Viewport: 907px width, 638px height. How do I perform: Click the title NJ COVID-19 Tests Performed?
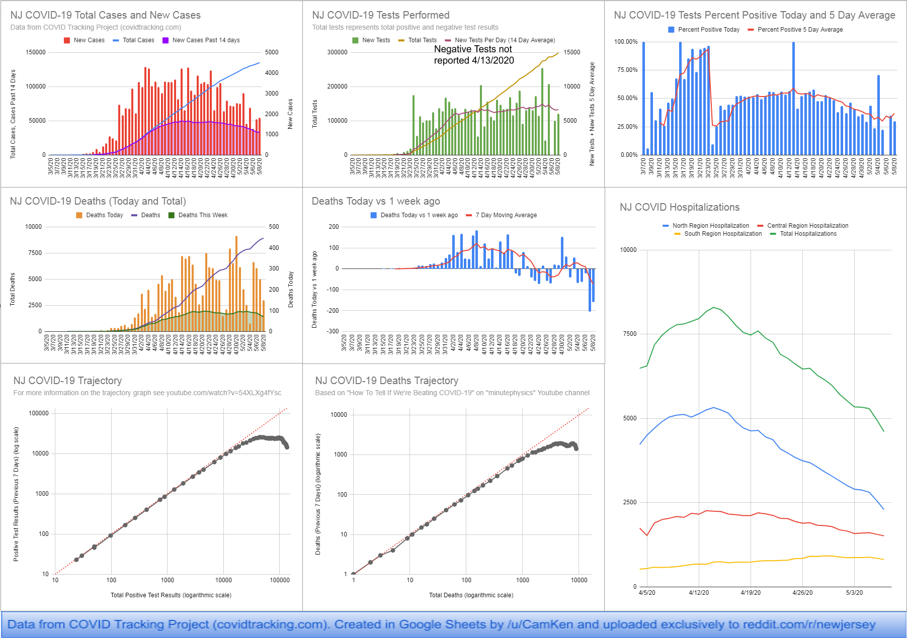point(380,15)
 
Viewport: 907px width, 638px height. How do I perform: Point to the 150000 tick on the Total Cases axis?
point(35,52)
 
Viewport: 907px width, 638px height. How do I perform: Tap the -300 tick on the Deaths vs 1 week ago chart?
point(334,331)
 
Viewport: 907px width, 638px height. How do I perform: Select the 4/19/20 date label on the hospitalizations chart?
point(751,593)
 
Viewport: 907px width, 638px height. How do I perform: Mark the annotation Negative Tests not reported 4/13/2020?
point(473,55)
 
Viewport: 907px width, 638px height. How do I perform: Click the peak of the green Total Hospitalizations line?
point(713,307)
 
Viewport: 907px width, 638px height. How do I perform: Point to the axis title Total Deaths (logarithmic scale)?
point(471,595)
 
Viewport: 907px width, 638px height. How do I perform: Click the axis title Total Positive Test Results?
point(171,595)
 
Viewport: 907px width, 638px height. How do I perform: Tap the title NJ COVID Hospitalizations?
point(679,207)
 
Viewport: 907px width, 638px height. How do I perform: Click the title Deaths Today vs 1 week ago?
point(375,201)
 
